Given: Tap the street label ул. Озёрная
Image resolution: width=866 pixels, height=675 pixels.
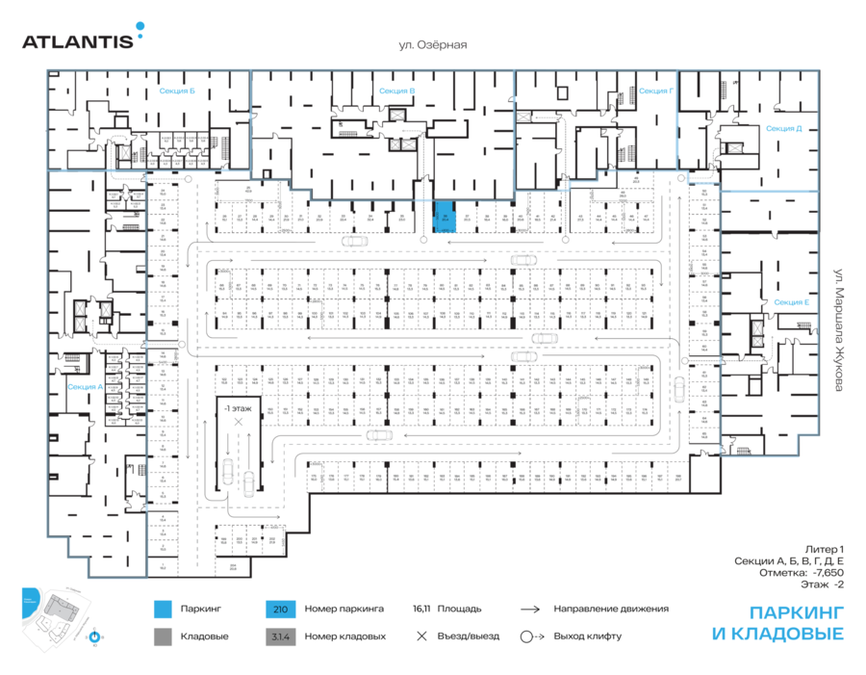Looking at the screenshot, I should click(x=433, y=44).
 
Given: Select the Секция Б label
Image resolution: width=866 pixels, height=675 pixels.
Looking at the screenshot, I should click(x=177, y=91).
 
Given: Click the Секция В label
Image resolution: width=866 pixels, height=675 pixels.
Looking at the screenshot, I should click(x=396, y=91).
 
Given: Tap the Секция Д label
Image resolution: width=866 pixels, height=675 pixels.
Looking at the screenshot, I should click(x=784, y=128).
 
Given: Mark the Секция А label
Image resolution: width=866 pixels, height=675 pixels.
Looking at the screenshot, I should click(x=85, y=386).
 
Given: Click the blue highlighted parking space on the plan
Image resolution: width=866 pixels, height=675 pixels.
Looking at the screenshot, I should click(x=446, y=217).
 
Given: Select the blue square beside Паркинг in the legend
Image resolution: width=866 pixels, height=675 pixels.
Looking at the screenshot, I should click(x=163, y=610).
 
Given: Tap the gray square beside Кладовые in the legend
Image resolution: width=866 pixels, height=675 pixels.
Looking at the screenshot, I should click(x=163, y=636).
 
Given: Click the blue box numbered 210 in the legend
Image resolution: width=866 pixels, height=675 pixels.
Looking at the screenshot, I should click(x=280, y=610).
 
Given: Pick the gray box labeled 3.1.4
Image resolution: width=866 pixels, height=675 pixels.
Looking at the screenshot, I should click(x=280, y=636).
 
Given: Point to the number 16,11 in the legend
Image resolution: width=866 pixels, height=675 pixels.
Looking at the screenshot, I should click(x=420, y=610).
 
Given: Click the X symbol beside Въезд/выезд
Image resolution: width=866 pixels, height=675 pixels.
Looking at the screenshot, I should click(x=420, y=636).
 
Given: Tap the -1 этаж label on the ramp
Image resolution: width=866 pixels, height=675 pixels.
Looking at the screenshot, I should click(x=237, y=408).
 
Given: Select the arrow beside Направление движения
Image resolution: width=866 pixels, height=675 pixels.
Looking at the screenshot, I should click(x=529, y=610).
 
